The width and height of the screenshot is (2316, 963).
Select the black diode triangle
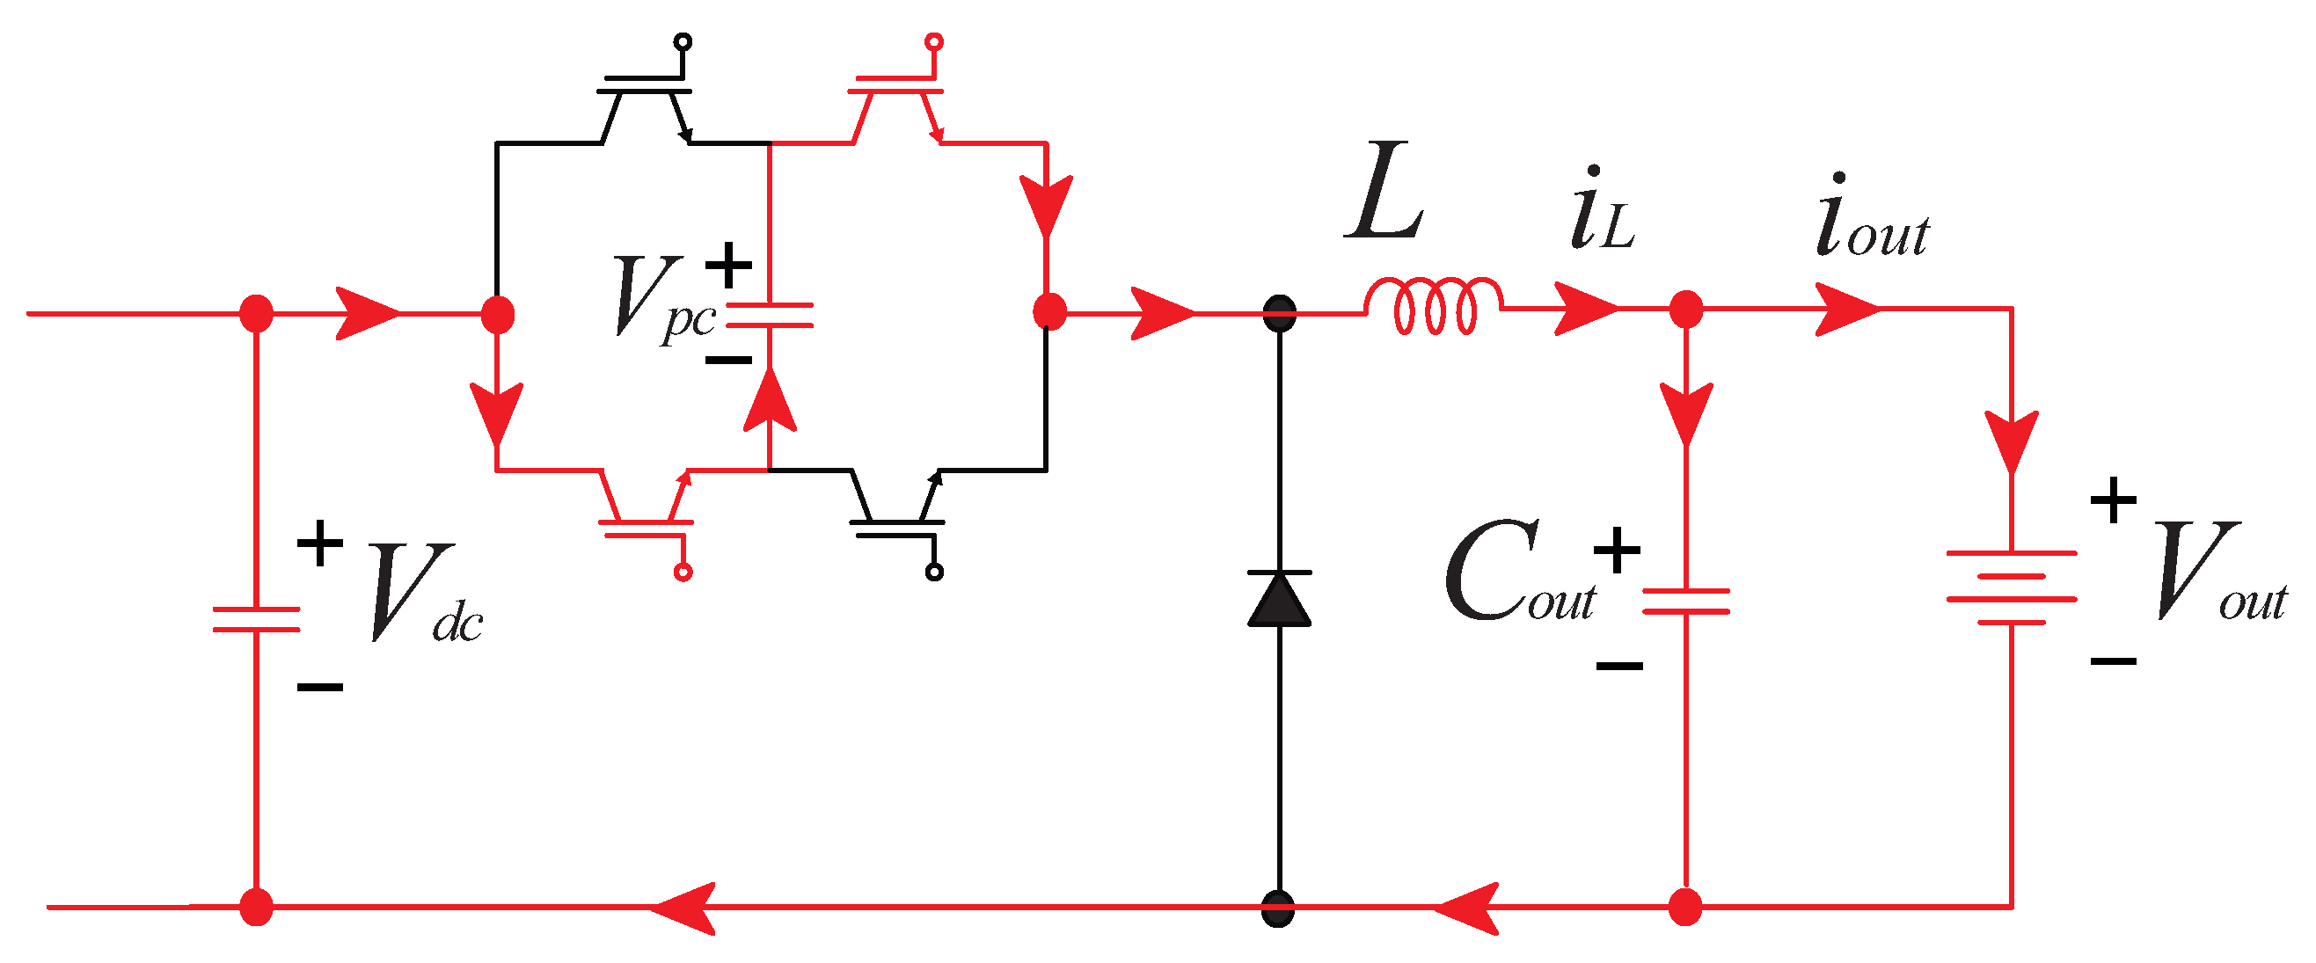[1278, 600]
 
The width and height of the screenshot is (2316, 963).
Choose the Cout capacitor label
[1519, 573]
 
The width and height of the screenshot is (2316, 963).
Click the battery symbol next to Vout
[2011, 587]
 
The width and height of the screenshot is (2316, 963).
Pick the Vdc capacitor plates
[256, 619]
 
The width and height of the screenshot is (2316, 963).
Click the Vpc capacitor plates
[770, 315]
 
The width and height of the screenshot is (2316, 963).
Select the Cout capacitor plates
[1685, 601]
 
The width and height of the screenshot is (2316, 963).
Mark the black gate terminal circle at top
[683, 41]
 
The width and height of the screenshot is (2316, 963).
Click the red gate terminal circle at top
[934, 41]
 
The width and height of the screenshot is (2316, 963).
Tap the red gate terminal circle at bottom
[683, 572]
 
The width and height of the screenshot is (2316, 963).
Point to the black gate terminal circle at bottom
[934, 572]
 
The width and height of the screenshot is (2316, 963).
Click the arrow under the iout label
[1847, 310]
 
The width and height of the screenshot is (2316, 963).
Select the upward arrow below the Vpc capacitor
[770, 399]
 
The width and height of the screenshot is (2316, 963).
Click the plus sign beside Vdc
[320, 543]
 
